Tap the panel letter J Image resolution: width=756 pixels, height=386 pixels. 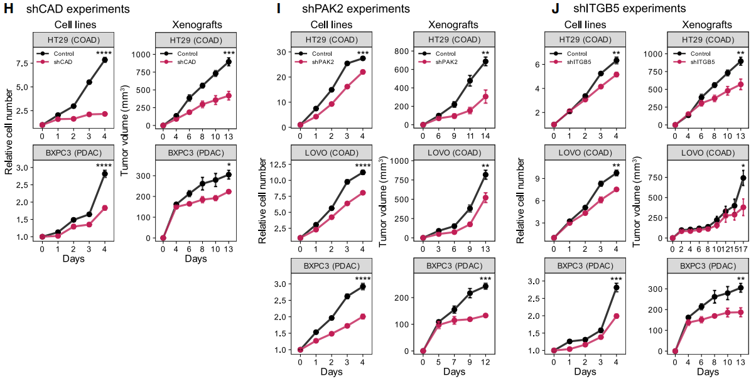tap(555, 9)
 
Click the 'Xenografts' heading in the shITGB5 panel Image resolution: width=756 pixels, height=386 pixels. tap(706, 25)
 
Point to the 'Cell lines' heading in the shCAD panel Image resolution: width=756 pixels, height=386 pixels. tap(72, 25)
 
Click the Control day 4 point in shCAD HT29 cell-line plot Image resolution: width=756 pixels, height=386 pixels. tap(105, 60)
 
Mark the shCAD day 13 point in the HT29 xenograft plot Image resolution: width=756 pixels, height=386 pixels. tap(229, 96)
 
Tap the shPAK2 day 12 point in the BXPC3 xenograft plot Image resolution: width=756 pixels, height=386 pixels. tap(485, 316)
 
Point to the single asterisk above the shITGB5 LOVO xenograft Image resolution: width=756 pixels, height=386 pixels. tap(743, 166)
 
